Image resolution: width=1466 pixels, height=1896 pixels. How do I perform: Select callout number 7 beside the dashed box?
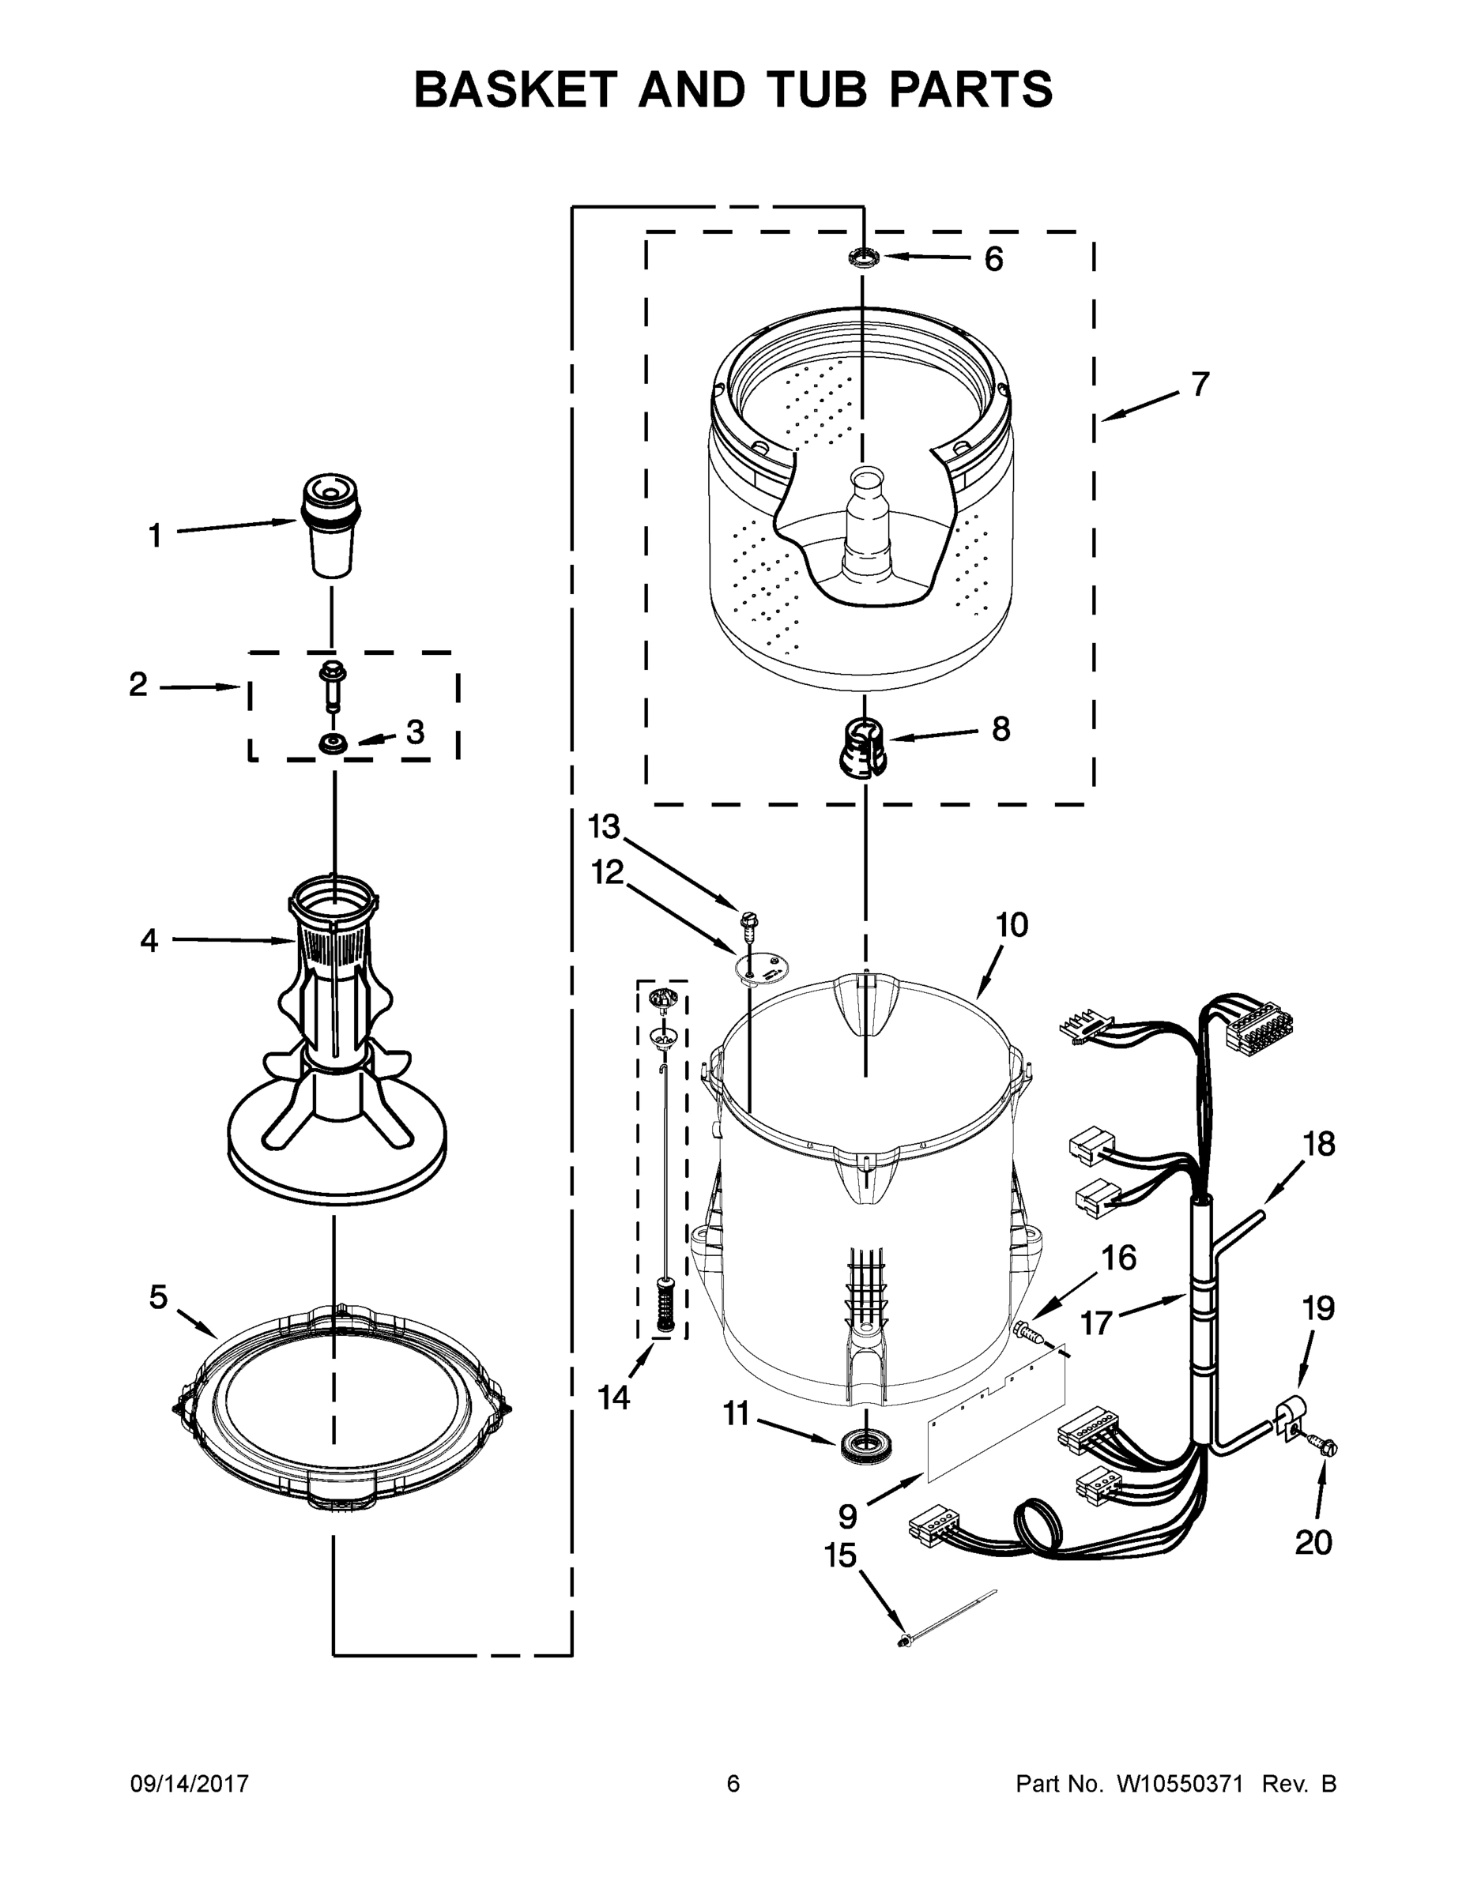click(x=1200, y=384)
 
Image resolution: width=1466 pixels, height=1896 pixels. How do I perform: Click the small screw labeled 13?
click(x=746, y=923)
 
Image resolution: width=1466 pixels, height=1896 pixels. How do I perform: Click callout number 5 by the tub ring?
click(x=158, y=1298)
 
